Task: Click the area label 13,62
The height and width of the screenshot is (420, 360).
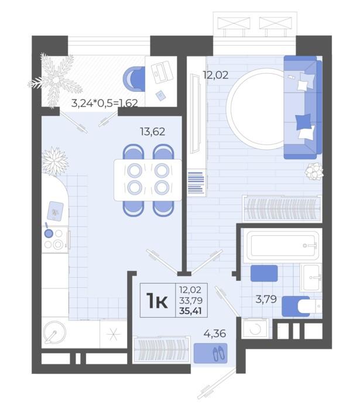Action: (x=153, y=132)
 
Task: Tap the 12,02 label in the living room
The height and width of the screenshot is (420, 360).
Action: (x=215, y=75)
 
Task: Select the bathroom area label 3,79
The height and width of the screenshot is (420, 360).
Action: (x=266, y=299)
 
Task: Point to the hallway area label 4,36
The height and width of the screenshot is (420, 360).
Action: (x=215, y=334)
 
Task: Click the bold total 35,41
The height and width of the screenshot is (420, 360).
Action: (x=191, y=311)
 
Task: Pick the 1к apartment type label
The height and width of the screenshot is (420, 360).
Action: (x=157, y=301)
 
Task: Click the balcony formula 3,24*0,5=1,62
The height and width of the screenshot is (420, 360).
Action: (x=105, y=103)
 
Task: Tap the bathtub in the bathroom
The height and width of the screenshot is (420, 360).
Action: (x=283, y=245)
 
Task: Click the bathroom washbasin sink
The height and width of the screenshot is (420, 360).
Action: (x=311, y=277)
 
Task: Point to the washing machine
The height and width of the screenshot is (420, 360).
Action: (x=255, y=328)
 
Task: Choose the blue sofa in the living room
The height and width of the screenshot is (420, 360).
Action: (x=303, y=107)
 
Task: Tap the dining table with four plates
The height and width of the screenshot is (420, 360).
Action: (x=148, y=180)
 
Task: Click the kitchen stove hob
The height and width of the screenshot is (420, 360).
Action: (x=55, y=239)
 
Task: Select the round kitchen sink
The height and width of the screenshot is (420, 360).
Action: (x=54, y=332)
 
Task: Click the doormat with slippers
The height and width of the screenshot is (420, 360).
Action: (x=210, y=353)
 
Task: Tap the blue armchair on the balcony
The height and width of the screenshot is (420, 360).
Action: (x=134, y=78)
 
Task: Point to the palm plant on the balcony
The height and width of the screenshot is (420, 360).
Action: (x=56, y=80)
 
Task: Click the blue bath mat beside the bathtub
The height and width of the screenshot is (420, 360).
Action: (x=264, y=273)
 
